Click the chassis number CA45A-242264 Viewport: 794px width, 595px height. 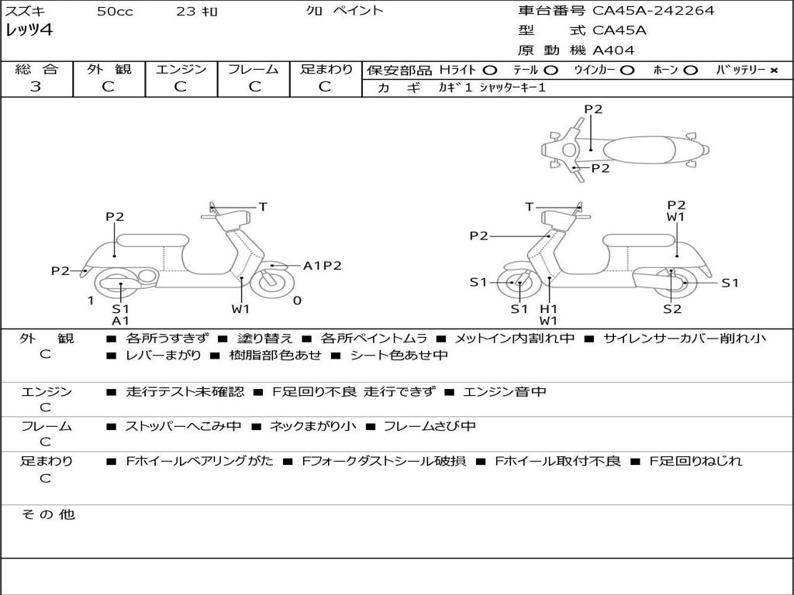point(654,11)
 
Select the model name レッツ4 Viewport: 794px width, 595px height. point(29,30)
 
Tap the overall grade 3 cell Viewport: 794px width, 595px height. point(36,87)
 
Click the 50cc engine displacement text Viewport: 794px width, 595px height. point(114,12)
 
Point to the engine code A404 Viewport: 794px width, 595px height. point(613,50)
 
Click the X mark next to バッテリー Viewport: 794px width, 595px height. point(774,71)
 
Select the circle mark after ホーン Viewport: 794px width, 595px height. point(690,71)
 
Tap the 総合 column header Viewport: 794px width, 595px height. point(36,70)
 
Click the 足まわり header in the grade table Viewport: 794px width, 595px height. point(326,70)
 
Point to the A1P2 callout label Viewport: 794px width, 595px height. point(323,266)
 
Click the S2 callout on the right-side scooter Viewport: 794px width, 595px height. point(671,309)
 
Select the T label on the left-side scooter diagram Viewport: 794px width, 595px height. point(263,207)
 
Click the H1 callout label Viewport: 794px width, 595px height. point(549,309)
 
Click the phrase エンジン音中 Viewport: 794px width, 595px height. point(504,392)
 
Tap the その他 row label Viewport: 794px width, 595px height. point(47,514)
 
